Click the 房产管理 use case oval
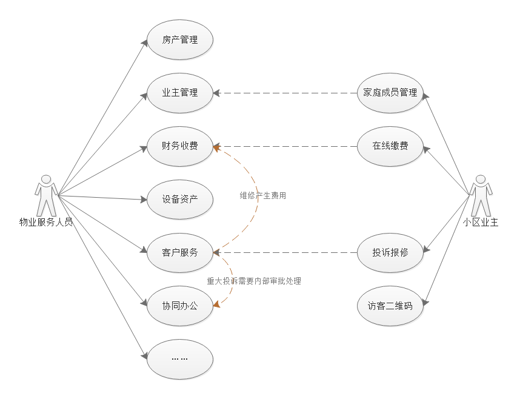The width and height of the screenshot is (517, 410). click(180, 40)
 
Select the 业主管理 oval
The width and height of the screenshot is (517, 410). click(180, 93)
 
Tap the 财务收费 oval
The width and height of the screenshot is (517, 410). click(180, 146)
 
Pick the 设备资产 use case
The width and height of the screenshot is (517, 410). click(180, 199)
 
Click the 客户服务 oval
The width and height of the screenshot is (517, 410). click(180, 252)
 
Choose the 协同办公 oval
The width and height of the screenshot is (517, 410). click(180, 306)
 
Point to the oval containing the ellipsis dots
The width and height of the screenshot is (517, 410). click(180, 358)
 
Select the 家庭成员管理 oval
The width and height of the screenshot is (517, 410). click(390, 93)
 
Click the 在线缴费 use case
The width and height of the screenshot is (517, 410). click(390, 146)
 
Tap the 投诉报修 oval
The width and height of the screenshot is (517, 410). click(390, 252)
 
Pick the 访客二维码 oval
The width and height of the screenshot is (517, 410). click(390, 306)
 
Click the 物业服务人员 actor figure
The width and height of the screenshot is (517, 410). click(46, 195)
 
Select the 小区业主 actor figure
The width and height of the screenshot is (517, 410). click(480, 195)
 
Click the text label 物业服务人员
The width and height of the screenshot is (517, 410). click(46, 223)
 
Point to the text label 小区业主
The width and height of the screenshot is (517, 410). click(480, 223)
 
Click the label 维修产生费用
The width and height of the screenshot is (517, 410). click(262, 196)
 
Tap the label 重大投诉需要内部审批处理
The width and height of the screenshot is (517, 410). click(254, 281)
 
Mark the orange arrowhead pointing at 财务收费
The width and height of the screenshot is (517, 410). click(216, 147)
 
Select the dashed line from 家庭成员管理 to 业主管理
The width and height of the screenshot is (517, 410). click(285, 93)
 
